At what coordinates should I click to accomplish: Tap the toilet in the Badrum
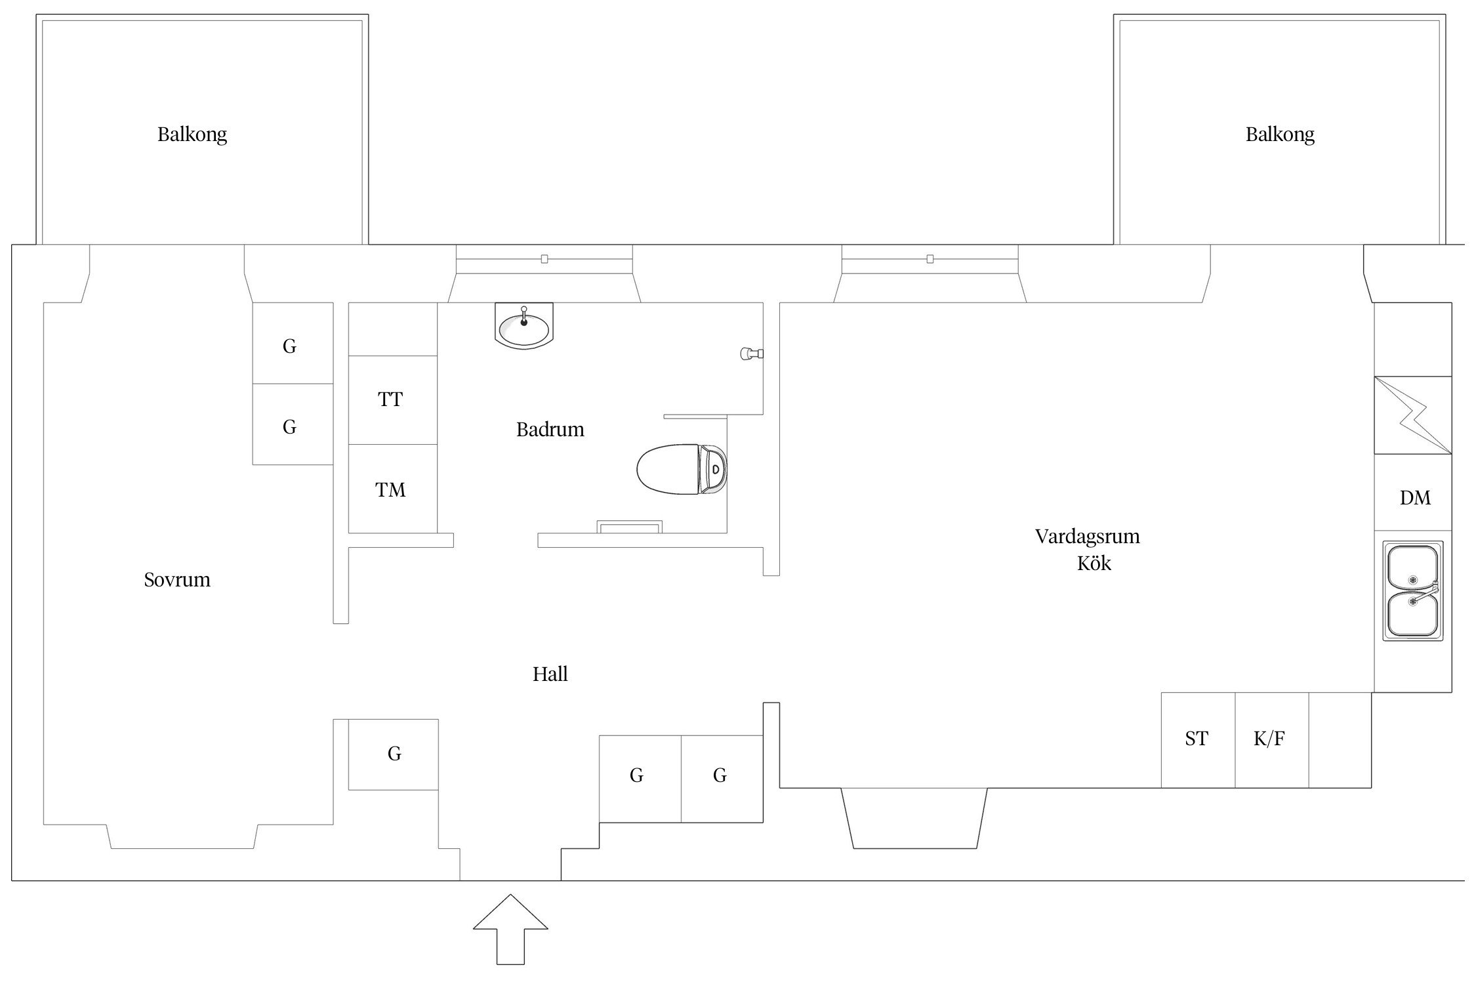pos(682,469)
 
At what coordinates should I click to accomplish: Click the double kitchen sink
pos(1413,591)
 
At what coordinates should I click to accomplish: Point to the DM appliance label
pos(1415,498)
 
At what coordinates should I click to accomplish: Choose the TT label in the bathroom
pos(390,400)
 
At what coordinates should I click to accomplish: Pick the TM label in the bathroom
pos(390,490)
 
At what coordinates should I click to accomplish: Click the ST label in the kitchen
pos(1197,739)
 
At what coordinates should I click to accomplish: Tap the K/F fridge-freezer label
pos(1269,739)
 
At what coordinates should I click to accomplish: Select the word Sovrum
pos(177,580)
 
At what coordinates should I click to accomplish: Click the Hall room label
pos(550,674)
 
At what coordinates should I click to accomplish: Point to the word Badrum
pos(550,430)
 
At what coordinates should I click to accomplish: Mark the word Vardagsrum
pos(1088,537)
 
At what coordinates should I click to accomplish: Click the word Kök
pos(1094,564)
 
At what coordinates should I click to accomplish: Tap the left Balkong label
pos(192,135)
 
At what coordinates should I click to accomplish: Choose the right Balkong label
pos(1281,135)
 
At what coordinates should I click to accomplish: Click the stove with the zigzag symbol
pos(1413,415)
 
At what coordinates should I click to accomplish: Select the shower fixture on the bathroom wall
pos(752,354)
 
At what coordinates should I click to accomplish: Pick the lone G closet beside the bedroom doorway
pos(394,754)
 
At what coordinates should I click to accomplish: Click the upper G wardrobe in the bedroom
pos(293,343)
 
